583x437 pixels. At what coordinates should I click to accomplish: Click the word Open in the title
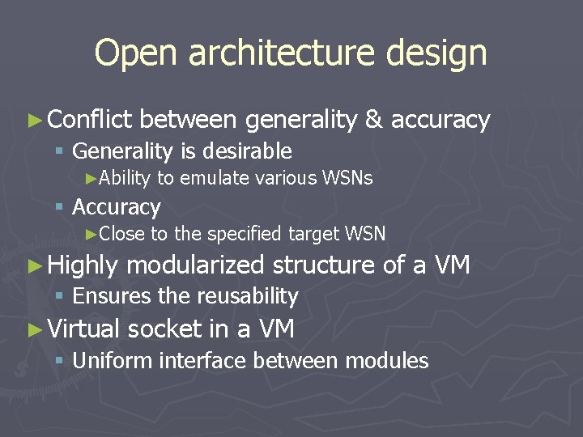pyautogui.click(x=128, y=53)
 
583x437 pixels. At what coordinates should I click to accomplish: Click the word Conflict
pyautogui.click(x=89, y=120)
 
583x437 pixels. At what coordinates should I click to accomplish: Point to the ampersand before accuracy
pyautogui.click(x=374, y=120)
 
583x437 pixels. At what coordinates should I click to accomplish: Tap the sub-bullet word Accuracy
pyautogui.click(x=117, y=207)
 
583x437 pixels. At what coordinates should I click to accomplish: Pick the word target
pyautogui.click(x=313, y=234)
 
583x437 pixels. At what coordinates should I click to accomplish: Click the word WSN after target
pyautogui.click(x=365, y=234)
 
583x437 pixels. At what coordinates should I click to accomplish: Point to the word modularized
pyautogui.click(x=196, y=265)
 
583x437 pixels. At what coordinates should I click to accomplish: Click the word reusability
pyautogui.click(x=247, y=296)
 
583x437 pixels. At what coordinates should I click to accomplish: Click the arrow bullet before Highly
pyautogui.click(x=33, y=265)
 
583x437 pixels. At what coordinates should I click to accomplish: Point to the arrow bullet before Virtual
pyautogui.click(x=33, y=329)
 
